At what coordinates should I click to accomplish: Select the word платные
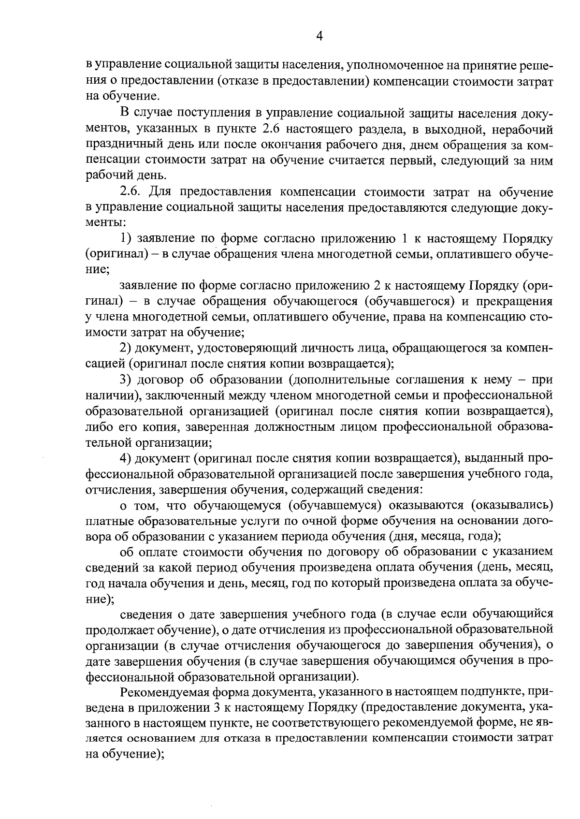point(109,521)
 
